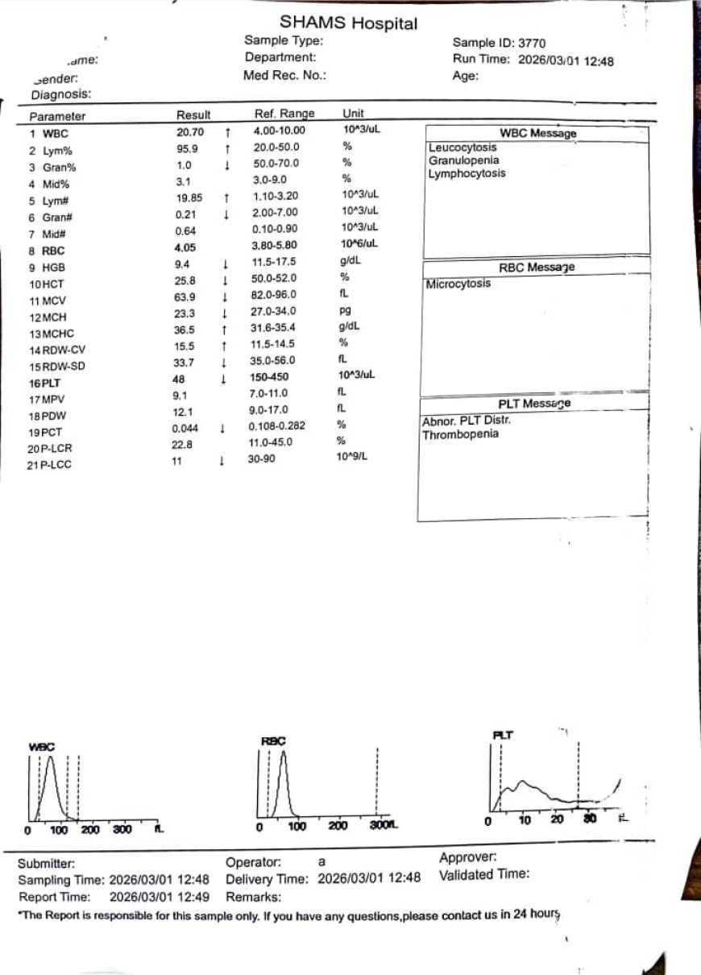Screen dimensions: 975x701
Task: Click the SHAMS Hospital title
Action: (x=348, y=23)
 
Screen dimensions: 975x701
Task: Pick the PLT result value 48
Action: (x=179, y=378)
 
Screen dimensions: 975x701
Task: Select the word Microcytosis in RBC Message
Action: (x=458, y=284)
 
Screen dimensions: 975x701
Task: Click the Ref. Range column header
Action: (x=284, y=114)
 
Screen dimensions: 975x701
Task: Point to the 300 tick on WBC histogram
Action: (x=121, y=829)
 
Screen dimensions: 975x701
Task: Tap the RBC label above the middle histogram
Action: (x=273, y=741)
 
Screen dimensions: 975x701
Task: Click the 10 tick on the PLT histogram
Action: (x=524, y=820)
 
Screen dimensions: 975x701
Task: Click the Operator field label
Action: (x=253, y=863)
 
